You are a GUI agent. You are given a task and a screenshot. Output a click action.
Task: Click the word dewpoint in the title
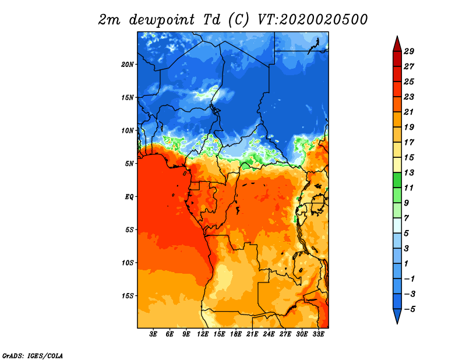click(x=162, y=20)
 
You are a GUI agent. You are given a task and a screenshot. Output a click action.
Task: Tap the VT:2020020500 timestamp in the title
click(x=312, y=20)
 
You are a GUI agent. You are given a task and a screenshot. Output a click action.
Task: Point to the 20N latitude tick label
click(x=128, y=64)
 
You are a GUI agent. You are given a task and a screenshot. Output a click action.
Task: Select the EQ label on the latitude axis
click(x=129, y=196)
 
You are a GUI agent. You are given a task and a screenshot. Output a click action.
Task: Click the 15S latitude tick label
click(x=128, y=296)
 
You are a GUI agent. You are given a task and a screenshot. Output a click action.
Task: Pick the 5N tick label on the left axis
click(x=129, y=164)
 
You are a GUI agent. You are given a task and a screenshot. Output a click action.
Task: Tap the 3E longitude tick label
click(x=153, y=334)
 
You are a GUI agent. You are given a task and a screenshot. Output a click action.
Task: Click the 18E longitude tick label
click(x=236, y=334)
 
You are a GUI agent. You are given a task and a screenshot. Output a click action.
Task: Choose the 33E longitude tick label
click(x=318, y=334)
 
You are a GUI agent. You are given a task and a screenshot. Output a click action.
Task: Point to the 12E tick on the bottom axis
click(x=203, y=334)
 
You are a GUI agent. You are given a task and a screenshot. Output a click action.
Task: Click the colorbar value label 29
click(x=409, y=51)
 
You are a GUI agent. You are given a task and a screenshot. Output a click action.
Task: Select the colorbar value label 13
click(x=409, y=172)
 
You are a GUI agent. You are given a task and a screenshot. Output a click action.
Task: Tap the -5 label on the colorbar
click(x=409, y=309)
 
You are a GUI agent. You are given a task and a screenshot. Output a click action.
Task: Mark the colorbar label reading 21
click(x=409, y=112)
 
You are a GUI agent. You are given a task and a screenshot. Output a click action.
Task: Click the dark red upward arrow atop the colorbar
click(x=397, y=44)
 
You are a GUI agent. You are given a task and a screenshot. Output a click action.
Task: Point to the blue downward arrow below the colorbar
click(x=397, y=316)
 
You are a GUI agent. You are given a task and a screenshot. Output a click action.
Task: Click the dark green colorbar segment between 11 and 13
click(x=397, y=180)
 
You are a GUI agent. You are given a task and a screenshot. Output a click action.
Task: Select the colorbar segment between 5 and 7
click(x=397, y=225)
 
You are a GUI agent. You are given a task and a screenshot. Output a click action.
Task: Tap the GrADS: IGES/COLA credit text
click(x=33, y=355)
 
